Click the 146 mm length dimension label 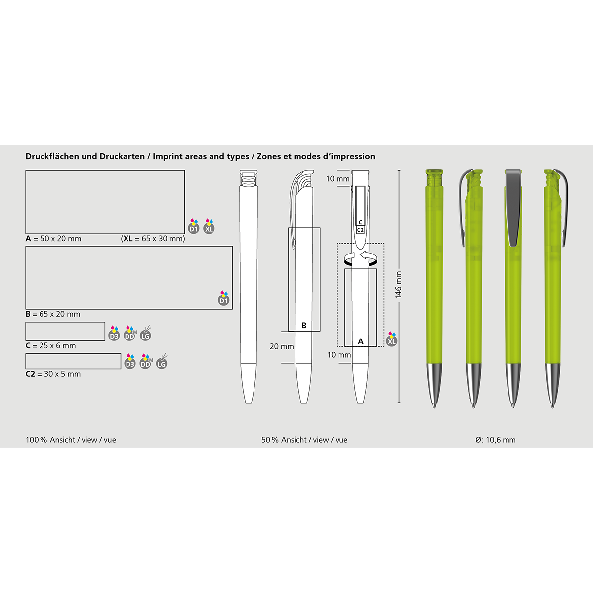pos(398,285)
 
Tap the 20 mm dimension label pos(282,346)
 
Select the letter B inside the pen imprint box pos(304,325)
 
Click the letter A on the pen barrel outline pos(361,341)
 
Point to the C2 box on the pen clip pos(360,230)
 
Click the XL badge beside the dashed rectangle pos(392,339)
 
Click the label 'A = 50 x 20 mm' pos(53,239)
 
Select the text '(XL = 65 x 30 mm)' pos(153,239)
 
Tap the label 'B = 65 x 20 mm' pos(52,314)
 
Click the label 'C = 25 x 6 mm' pos(50,345)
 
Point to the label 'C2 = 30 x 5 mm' pos(53,374)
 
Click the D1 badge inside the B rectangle pos(224,298)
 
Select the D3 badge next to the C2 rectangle pos(130,362)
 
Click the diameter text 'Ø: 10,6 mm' pos(496,440)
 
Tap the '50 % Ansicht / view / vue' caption pos(304,440)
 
